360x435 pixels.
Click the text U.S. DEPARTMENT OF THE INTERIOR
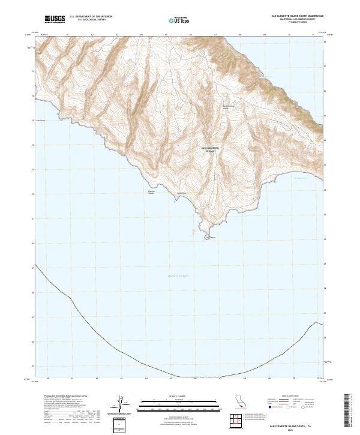pos(91,17)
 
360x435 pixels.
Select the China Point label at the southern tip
pos(210,238)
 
